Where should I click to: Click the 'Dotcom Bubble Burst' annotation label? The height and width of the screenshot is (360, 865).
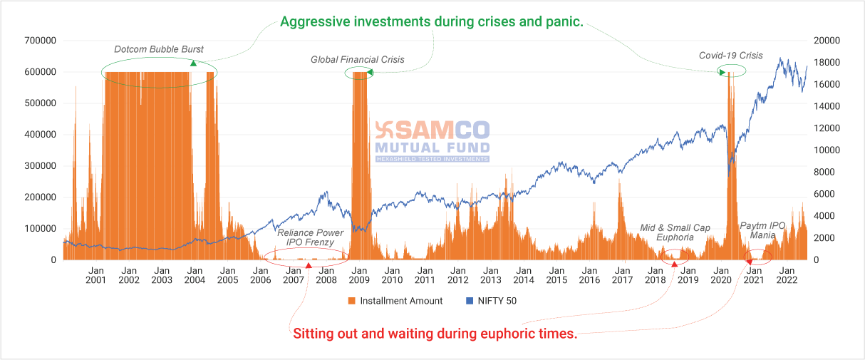159,49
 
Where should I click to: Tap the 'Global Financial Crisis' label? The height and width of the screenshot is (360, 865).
357,60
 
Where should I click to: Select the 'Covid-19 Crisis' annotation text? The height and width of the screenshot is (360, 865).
730,56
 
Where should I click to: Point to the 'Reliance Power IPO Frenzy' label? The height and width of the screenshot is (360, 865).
310,237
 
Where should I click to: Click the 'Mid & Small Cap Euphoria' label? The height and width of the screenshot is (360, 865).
675,232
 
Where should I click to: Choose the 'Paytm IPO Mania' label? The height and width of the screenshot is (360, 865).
762,230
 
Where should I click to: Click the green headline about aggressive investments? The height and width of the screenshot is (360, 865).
432,22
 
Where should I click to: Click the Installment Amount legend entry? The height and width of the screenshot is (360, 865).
395,301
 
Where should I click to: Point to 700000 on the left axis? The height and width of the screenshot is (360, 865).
38,41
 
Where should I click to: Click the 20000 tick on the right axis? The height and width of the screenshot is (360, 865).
827,41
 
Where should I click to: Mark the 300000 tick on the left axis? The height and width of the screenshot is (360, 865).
38,166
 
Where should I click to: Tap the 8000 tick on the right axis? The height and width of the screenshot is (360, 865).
824,172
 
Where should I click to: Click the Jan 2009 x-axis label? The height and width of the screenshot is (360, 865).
359,276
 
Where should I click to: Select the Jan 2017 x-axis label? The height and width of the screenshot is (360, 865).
622,276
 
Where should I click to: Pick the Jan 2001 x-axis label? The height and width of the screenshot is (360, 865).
95,276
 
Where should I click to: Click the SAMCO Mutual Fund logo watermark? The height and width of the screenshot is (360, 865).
432,140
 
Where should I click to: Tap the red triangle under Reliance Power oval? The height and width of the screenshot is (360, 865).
309,265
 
